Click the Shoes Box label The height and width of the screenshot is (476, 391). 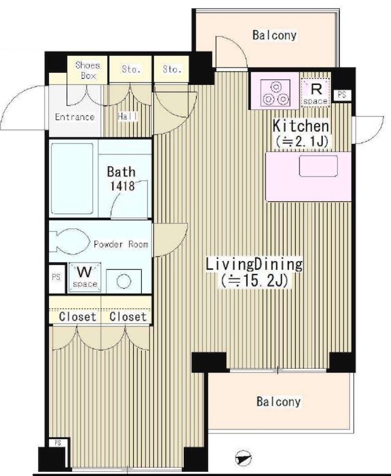(88, 70)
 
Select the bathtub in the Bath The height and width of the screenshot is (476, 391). (72, 178)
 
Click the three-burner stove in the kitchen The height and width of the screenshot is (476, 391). (276, 93)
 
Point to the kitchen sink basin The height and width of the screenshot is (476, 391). (318, 166)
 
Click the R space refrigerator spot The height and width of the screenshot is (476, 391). (316, 92)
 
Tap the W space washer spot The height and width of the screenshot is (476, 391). (85, 277)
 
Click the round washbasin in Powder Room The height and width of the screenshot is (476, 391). (123, 281)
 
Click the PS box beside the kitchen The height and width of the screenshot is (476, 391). (342, 95)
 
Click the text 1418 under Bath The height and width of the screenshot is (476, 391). (122, 186)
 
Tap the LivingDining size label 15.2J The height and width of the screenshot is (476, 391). (254, 281)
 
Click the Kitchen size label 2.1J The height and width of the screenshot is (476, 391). (301, 142)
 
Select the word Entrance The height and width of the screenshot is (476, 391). (75, 117)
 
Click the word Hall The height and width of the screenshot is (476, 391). (128, 116)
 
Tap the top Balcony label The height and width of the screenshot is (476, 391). (274, 35)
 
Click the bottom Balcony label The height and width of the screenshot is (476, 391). (279, 402)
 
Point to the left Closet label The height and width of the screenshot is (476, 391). (78, 317)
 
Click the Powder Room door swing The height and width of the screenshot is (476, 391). (170, 240)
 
